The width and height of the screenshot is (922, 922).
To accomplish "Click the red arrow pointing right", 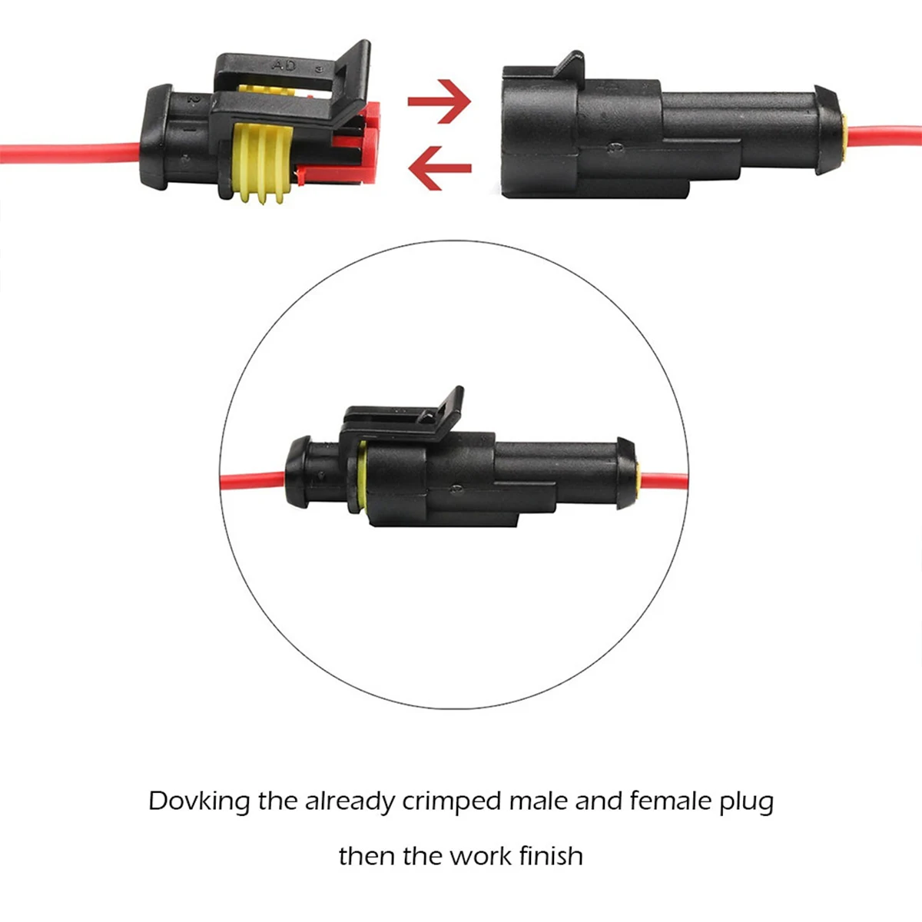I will [x=439, y=101].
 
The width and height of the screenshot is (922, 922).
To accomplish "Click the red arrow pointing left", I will [x=439, y=167].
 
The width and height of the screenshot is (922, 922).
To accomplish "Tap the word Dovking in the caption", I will [x=199, y=801].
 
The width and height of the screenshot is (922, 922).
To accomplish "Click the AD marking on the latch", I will [x=284, y=66].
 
